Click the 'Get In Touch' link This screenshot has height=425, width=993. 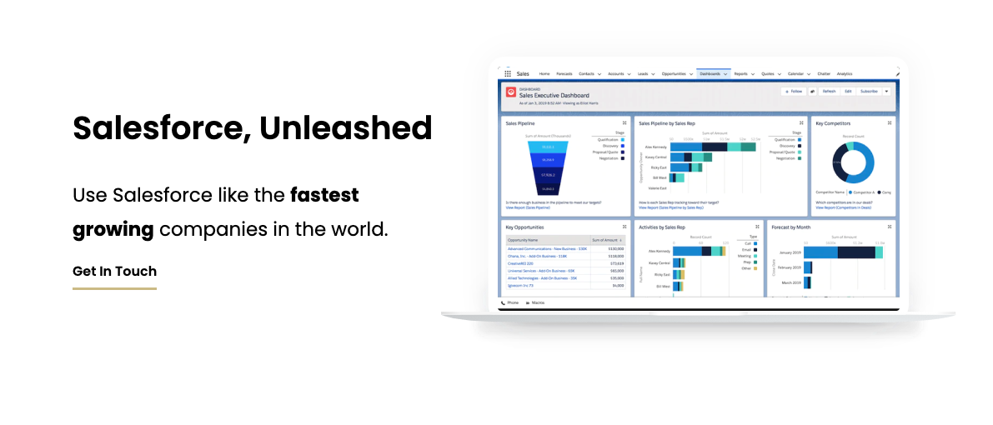pos(114,271)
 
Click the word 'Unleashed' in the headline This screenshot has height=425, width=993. pos(345,128)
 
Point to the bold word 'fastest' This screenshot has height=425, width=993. pos(324,195)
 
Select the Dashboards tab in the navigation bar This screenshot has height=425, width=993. pos(710,74)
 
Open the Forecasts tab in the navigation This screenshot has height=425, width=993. pos(564,74)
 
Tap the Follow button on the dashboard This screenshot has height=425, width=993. pos(793,91)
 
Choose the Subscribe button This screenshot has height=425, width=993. pos(869,91)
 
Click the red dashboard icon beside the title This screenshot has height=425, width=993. pos(510,92)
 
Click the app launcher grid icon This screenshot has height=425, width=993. pos(508,74)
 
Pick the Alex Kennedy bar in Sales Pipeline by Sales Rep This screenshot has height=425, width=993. pos(713,147)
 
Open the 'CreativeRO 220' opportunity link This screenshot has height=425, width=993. pos(522,263)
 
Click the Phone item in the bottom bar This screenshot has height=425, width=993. pos(511,302)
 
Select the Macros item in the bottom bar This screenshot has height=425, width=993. pos(537,302)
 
